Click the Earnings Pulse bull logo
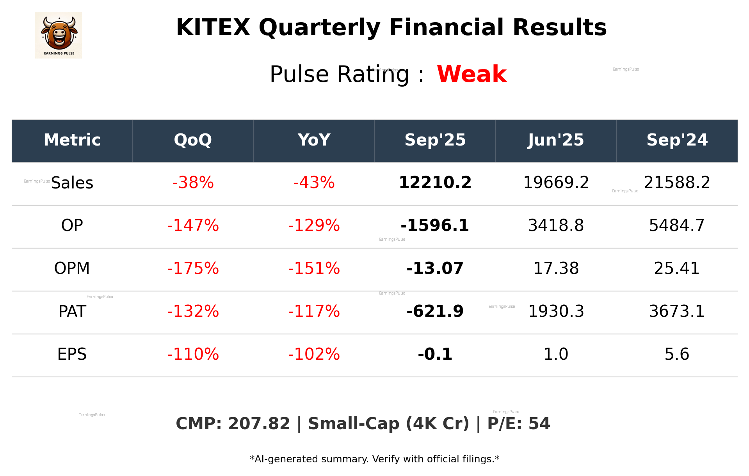(x=59, y=35)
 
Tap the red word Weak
(x=471, y=74)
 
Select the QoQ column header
(x=193, y=140)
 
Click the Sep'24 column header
(x=677, y=140)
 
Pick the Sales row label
(x=72, y=183)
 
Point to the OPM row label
(x=72, y=268)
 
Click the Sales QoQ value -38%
(x=193, y=183)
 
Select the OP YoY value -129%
(x=314, y=226)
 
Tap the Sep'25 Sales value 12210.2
(x=435, y=183)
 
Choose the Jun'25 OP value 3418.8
(x=556, y=226)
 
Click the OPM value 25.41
(x=677, y=268)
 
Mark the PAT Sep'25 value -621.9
(x=435, y=311)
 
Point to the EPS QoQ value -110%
(x=193, y=354)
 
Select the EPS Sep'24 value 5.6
(x=677, y=354)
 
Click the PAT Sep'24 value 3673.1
(x=677, y=311)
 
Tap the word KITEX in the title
(x=213, y=28)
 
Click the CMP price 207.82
(x=259, y=424)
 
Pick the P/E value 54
(x=539, y=424)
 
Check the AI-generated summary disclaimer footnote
(x=374, y=459)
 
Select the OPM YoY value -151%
(x=314, y=268)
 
